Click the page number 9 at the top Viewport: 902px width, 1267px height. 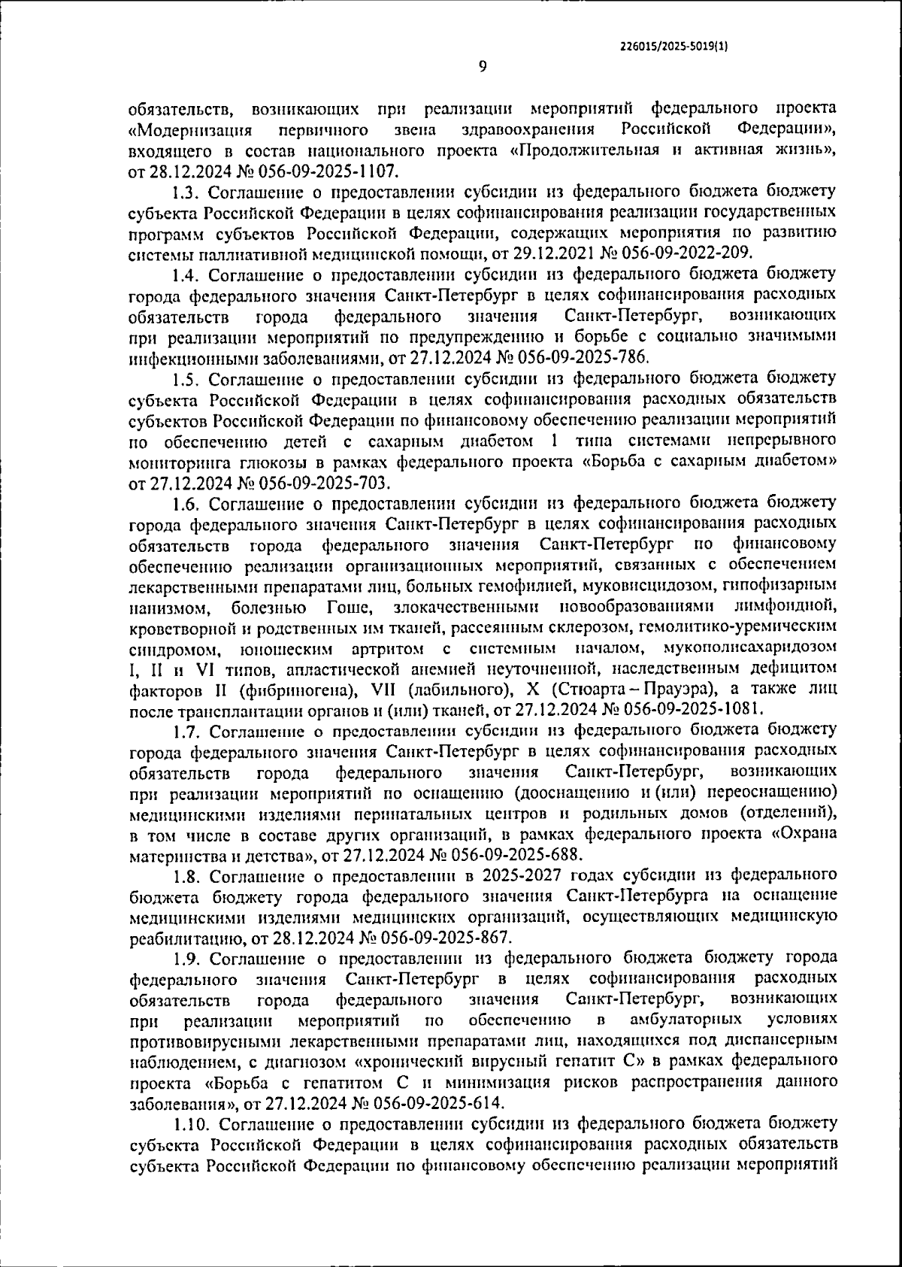(483, 66)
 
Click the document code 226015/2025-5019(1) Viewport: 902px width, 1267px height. (674, 46)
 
